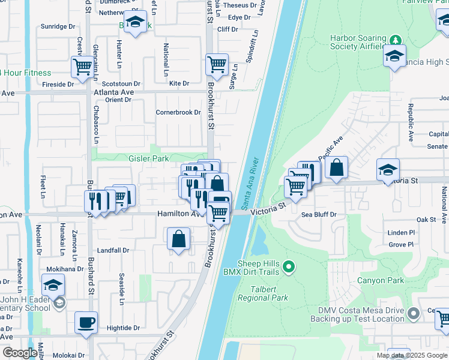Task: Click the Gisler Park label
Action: click(x=131, y=158)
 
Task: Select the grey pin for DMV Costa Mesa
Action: click(x=413, y=314)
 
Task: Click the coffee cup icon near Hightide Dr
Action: click(x=86, y=323)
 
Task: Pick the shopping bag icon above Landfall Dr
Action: click(x=179, y=239)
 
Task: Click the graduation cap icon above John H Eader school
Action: click(x=53, y=284)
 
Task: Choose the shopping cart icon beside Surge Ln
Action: click(x=217, y=64)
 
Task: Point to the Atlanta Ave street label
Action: click(x=113, y=92)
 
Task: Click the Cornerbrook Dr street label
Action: click(x=178, y=112)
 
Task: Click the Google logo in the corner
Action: click(x=20, y=353)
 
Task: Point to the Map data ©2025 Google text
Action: click(x=411, y=355)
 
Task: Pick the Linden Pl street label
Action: click(x=401, y=232)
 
